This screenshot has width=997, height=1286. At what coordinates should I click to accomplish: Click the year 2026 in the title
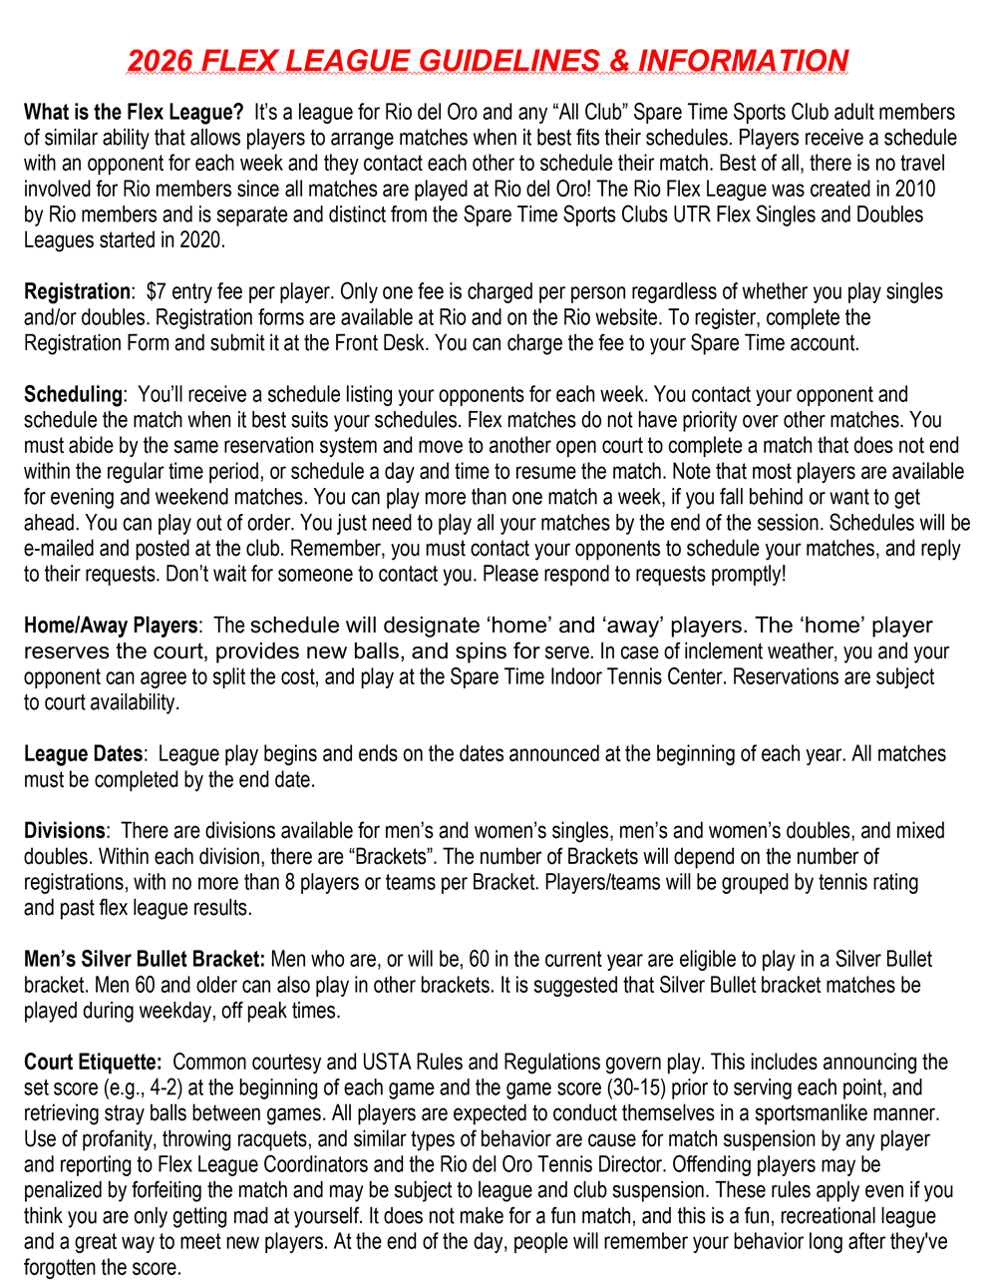[161, 61]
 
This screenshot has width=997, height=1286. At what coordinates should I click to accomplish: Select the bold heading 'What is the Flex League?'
[134, 112]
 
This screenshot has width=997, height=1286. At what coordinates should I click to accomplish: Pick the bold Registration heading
[77, 291]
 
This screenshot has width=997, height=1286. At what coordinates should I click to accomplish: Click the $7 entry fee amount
[156, 291]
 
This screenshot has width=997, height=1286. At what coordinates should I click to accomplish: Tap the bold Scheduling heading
[73, 394]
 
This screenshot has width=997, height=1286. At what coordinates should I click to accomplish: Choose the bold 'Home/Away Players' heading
[111, 626]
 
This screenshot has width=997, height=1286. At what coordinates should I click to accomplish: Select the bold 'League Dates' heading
[84, 754]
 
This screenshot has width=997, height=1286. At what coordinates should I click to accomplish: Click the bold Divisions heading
[64, 830]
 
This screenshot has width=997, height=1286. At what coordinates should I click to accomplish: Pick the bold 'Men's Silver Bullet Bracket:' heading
[145, 960]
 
